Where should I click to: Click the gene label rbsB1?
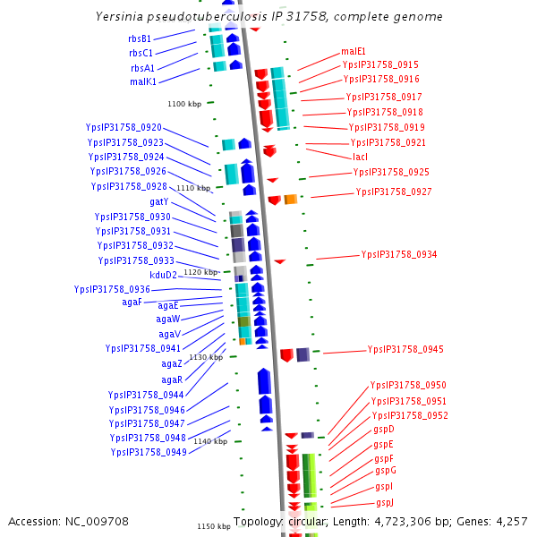coord(140,38)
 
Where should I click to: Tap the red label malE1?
coord(354,52)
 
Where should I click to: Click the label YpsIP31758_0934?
coord(399,254)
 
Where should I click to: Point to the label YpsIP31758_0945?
coord(405,349)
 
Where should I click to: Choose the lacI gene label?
coord(360,157)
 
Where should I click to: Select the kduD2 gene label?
coord(163,275)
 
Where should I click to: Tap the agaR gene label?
coord(172,379)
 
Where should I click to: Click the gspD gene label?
coord(383,430)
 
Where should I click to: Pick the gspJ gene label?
coord(385,502)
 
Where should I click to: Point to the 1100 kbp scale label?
coord(184,105)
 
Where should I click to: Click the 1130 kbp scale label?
coord(205,357)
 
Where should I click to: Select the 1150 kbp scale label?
coord(214,526)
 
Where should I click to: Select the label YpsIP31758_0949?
coord(149,452)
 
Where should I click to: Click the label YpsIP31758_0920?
coord(124,127)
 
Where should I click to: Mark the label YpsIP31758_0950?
coord(408,385)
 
